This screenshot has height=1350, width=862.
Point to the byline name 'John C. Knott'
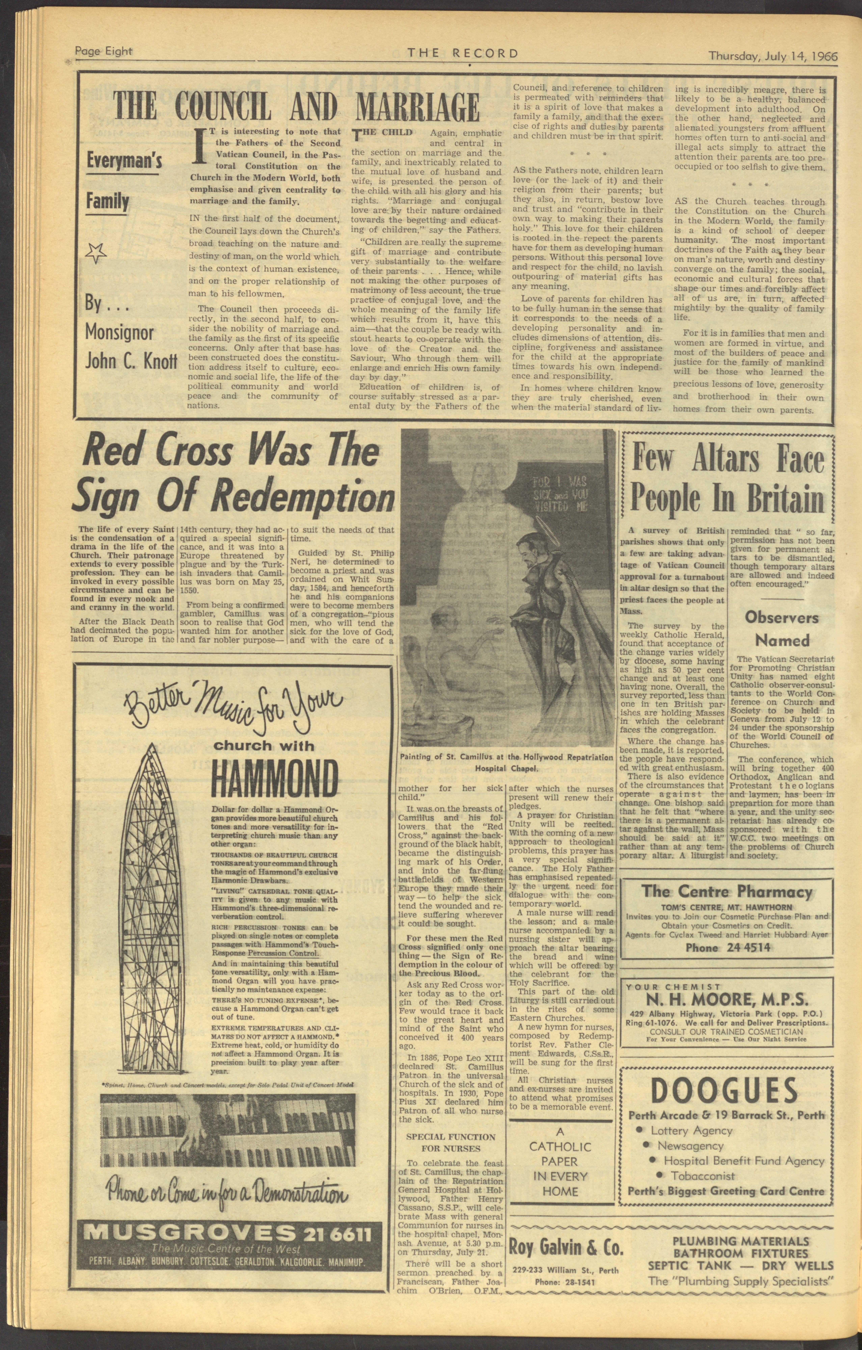131,360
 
